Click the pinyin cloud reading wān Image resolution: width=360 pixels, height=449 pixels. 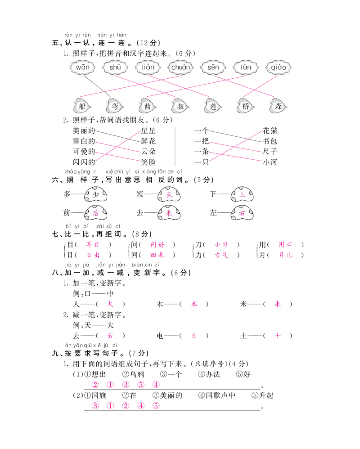[83, 67]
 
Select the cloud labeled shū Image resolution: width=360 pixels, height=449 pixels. [115, 67]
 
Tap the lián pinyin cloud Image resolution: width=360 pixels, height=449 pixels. [148, 67]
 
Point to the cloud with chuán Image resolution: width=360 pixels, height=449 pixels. [180, 67]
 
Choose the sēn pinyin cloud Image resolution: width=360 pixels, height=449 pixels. [212, 67]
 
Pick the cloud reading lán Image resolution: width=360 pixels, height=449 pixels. [245, 67]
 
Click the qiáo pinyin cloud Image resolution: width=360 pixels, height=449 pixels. [277, 67]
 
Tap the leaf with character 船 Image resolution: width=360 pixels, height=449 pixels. [82, 107]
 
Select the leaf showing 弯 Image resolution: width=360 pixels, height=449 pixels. [115, 107]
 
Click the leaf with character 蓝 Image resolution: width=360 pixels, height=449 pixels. [147, 107]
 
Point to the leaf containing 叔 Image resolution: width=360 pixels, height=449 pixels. [180, 107]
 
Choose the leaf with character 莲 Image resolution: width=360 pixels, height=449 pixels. [212, 107]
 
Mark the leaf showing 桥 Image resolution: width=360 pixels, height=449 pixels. [245, 107]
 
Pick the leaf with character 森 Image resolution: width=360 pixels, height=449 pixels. [277, 107]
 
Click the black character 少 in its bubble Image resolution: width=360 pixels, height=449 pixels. [95, 194]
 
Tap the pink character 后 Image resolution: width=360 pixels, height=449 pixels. [95, 213]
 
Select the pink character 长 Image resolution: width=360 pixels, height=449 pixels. [169, 194]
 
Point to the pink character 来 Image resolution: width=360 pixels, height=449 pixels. [169, 213]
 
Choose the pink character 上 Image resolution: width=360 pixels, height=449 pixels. [243, 194]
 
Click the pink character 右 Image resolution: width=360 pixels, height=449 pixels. [243, 213]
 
